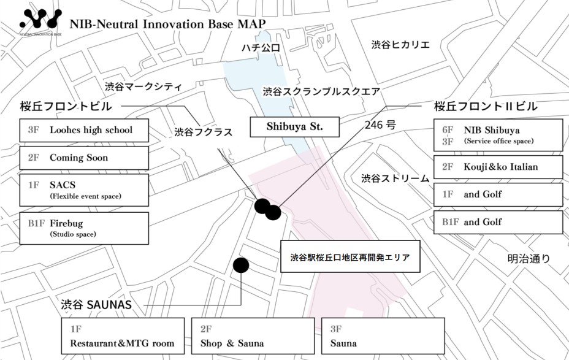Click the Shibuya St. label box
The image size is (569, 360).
coord(294,128)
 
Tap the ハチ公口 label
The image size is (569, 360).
coord(261,48)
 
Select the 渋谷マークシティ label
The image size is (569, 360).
coord(143,86)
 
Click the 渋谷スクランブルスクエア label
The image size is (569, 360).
coord(322,91)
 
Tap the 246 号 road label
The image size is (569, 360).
coord(380,124)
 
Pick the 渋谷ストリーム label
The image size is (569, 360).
coord(395,178)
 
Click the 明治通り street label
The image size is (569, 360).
coord(529,259)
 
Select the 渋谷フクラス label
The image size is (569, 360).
coord(204,131)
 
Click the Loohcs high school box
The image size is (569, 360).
coord(84,130)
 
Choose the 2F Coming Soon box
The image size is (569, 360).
coord(84,158)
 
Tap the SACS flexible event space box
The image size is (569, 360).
coord(84,190)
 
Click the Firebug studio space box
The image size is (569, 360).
coord(84,228)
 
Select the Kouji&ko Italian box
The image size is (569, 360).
coord(498,167)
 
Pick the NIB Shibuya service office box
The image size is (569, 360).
coord(498,135)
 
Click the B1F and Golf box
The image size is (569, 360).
coord(498,222)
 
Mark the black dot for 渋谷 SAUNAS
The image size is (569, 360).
coord(241,265)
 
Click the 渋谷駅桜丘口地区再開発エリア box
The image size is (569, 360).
coord(349,256)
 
